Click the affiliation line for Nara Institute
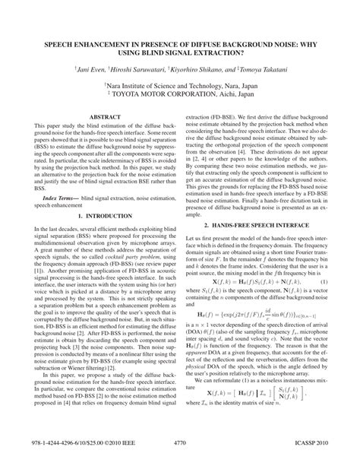click(179, 87)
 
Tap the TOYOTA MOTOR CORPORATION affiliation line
click(179, 97)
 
